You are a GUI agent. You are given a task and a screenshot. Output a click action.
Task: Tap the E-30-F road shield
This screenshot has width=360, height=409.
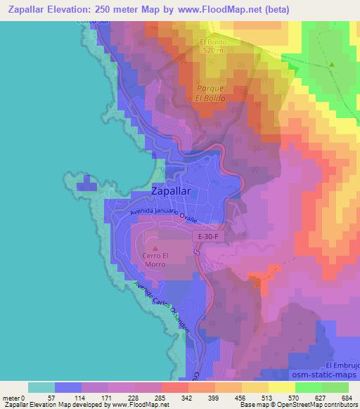point(207,238)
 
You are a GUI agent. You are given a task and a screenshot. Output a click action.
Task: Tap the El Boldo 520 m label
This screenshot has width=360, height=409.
point(209,46)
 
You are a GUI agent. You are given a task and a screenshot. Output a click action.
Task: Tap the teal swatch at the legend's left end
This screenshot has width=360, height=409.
point(41,387)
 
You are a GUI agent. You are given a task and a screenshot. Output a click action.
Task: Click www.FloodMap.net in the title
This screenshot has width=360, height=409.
point(213,8)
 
